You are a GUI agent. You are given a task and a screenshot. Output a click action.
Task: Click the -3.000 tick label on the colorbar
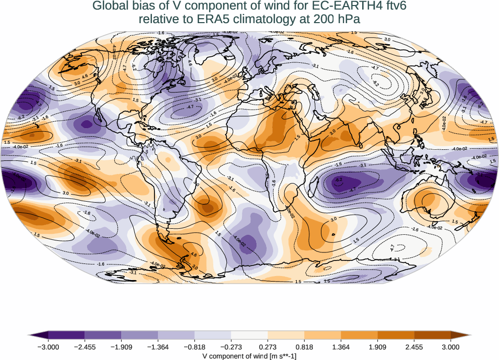tap(48, 347)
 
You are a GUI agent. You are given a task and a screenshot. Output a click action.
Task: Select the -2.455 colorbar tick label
tap(85, 347)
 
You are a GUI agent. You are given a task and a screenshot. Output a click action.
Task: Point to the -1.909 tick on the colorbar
tap(121, 347)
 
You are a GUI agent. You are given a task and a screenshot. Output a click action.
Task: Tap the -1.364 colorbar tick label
tap(158, 347)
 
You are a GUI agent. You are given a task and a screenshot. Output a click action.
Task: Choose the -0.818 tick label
tap(195, 347)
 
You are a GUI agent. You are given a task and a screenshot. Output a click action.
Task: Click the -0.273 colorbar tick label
tap(231, 347)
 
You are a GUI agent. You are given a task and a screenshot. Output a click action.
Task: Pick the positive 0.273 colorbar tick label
tap(268, 347)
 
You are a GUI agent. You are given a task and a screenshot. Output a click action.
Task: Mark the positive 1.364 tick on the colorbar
tap(341, 347)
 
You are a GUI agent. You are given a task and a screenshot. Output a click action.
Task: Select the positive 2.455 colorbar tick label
tap(414, 347)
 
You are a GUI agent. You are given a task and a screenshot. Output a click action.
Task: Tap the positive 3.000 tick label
tap(451, 347)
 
